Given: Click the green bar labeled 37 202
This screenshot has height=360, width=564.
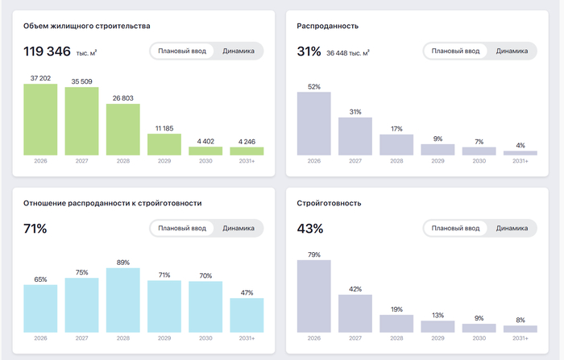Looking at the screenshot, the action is pos(40,119).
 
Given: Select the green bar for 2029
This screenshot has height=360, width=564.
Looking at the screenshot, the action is pos(164,145).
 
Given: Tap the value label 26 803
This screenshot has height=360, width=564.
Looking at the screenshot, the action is pos(123,98).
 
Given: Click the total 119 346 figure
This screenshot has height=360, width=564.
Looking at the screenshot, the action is pos(47,52).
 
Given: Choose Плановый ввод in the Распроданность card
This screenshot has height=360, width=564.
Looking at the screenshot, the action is pos(455,51).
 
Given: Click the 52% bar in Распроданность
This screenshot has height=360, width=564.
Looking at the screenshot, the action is pos(314,124).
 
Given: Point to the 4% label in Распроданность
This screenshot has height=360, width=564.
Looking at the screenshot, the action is pos(520,145).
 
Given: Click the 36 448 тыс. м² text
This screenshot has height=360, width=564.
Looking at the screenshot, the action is pos(348,53).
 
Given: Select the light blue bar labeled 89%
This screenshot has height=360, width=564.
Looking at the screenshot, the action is pos(123,300).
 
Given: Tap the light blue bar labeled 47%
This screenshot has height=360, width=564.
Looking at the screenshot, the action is pos(247,315).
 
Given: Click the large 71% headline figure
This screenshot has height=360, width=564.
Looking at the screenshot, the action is pos(35,229).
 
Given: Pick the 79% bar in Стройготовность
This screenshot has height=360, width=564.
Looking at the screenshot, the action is pos(314,296).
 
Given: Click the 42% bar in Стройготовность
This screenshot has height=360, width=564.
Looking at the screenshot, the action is pos(355,313).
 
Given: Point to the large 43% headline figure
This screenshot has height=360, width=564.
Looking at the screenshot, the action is pos(310,229).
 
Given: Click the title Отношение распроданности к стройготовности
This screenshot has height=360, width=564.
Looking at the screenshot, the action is pos(113,203).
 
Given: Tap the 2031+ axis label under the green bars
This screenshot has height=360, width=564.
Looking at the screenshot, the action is pos(247,161).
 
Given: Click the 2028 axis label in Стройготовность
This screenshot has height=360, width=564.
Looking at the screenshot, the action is pos(396,338).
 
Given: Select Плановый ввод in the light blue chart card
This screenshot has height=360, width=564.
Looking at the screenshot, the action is pos(182,228).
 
